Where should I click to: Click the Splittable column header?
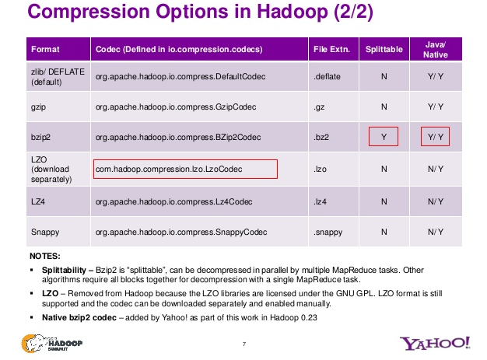pyautogui.click(x=384, y=49)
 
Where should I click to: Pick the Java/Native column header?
pyautogui.click(x=436, y=49)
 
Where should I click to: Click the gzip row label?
pyautogui.click(x=38, y=105)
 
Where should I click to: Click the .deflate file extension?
pyautogui.click(x=327, y=77)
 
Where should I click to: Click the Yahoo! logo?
pyautogui.click(x=435, y=343)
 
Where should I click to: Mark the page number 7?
pyautogui.click(x=243, y=344)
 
